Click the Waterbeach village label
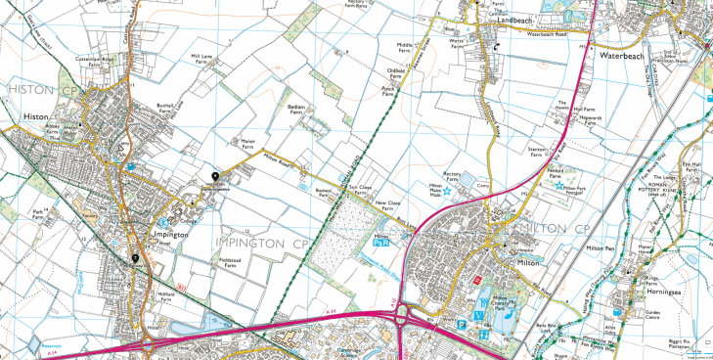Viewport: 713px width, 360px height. tap(640, 57)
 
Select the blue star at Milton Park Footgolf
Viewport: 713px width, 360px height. tap(559, 186)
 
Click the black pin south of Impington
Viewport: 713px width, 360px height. tap(135, 258)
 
